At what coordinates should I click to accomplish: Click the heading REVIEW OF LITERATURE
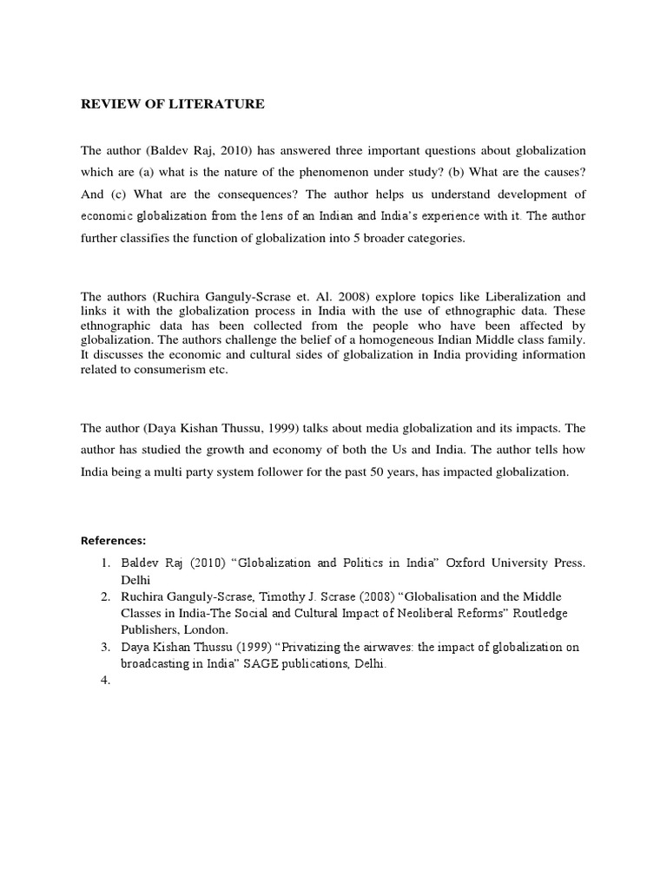[x=173, y=104]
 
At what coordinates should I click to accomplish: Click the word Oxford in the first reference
[x=469, y=563]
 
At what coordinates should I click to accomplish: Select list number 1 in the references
[x=104, y=563]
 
